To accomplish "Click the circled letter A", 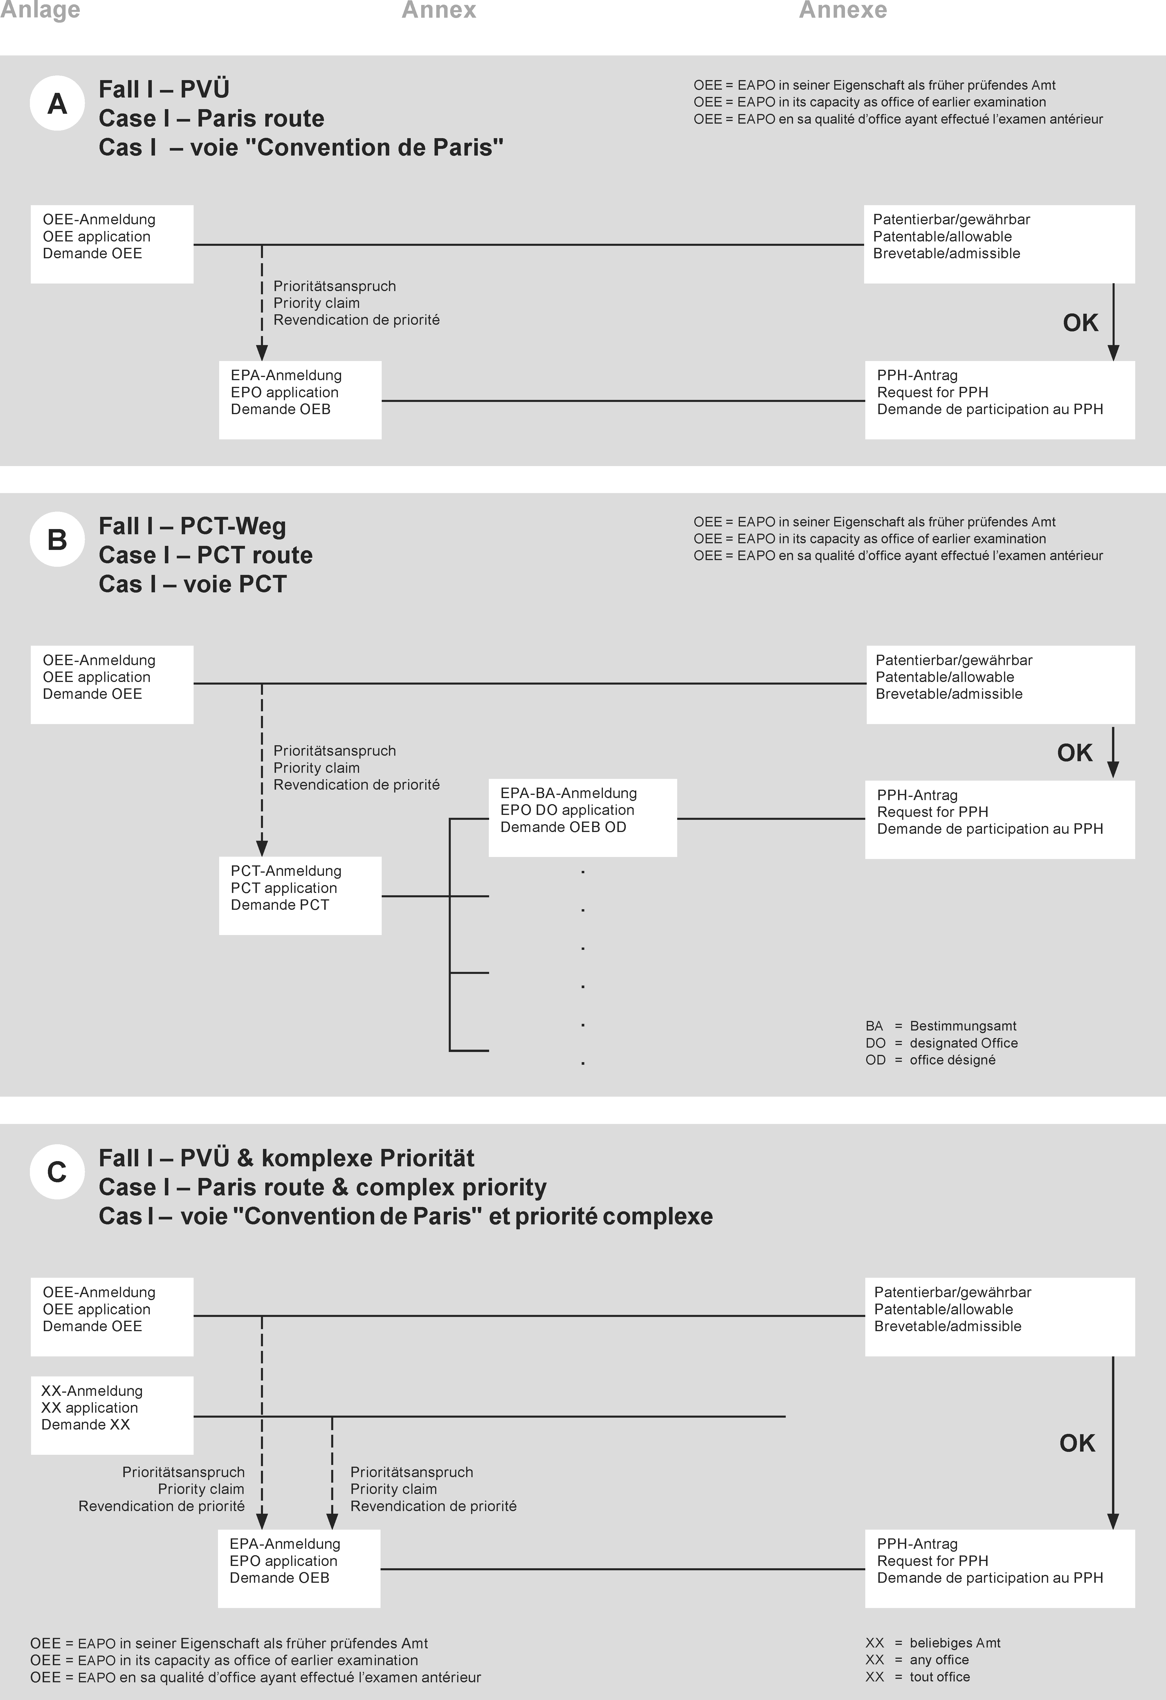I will (x=57, y=104).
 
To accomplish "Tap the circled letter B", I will (x=57, y=540).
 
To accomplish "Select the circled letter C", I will (x=57, y=1172).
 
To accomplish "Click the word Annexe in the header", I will (x=843, y=10).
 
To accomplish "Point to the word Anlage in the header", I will (x=40, y=10).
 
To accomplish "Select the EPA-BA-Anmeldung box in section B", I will (x=582, y=817).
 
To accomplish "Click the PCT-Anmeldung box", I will (x=300, y=895).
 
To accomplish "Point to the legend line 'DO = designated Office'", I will (x=941, y=1043).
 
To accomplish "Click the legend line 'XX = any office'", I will (x=917, y=1660).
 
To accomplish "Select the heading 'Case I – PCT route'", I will (x=206, y=555).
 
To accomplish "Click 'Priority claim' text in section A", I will (x=317, y=303).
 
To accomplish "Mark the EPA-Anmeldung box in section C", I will (x=299, y=1568).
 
